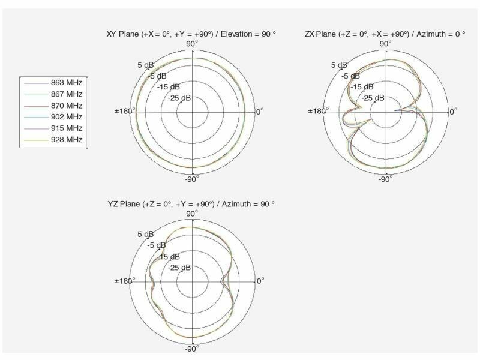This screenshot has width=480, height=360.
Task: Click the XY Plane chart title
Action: (x=191, y=34)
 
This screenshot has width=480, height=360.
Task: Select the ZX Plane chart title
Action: (x=385, y=34)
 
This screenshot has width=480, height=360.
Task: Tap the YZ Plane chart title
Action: (x=191, y=204)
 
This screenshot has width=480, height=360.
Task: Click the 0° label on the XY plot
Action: (x=260, y=112)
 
